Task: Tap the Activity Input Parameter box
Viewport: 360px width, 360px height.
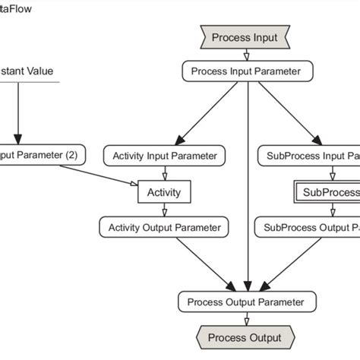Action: [164, 156]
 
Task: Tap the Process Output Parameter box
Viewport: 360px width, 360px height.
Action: [245, 302]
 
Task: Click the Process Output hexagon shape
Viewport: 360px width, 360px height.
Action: [245, 337]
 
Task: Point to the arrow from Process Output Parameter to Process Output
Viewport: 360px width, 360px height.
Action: [246, 320]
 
